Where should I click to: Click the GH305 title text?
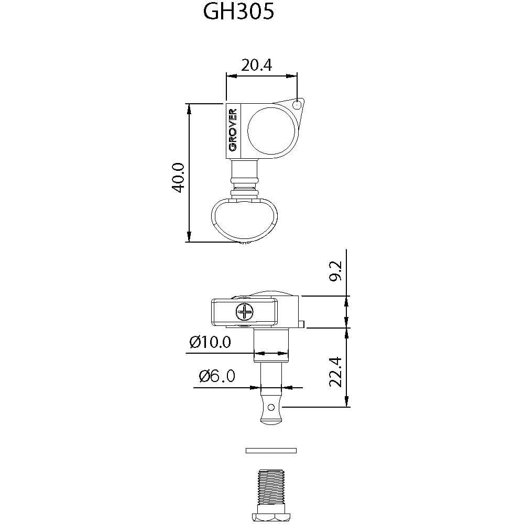tap(238, 13)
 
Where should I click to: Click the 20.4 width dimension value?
tap(257, 65)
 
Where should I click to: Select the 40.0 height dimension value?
tap(179, 177)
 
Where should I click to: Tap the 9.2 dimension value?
tap(335, 270)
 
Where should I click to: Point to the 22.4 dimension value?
tap(335, 372)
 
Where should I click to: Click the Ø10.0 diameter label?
tap(210, 342)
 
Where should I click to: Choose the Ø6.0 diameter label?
tap(217, 376)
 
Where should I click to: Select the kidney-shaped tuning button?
tap(244, 220)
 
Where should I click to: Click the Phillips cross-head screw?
tap(244, 313)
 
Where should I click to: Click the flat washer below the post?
tap(270, 450)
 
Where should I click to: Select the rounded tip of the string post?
tap(270, 420)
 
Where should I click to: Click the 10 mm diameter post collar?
tap(271, 346)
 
